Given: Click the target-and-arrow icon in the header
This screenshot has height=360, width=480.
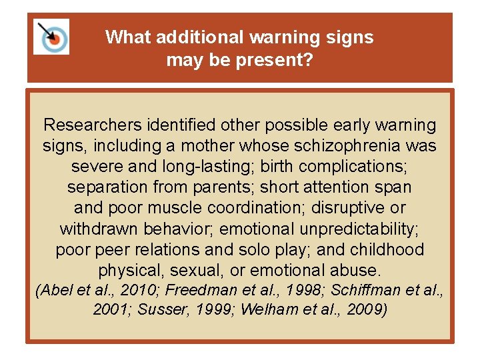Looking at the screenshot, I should [x=51, y=37].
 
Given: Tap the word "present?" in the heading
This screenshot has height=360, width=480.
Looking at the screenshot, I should [x=275, y=61].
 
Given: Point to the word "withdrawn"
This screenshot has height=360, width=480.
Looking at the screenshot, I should [x=97, y=229].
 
